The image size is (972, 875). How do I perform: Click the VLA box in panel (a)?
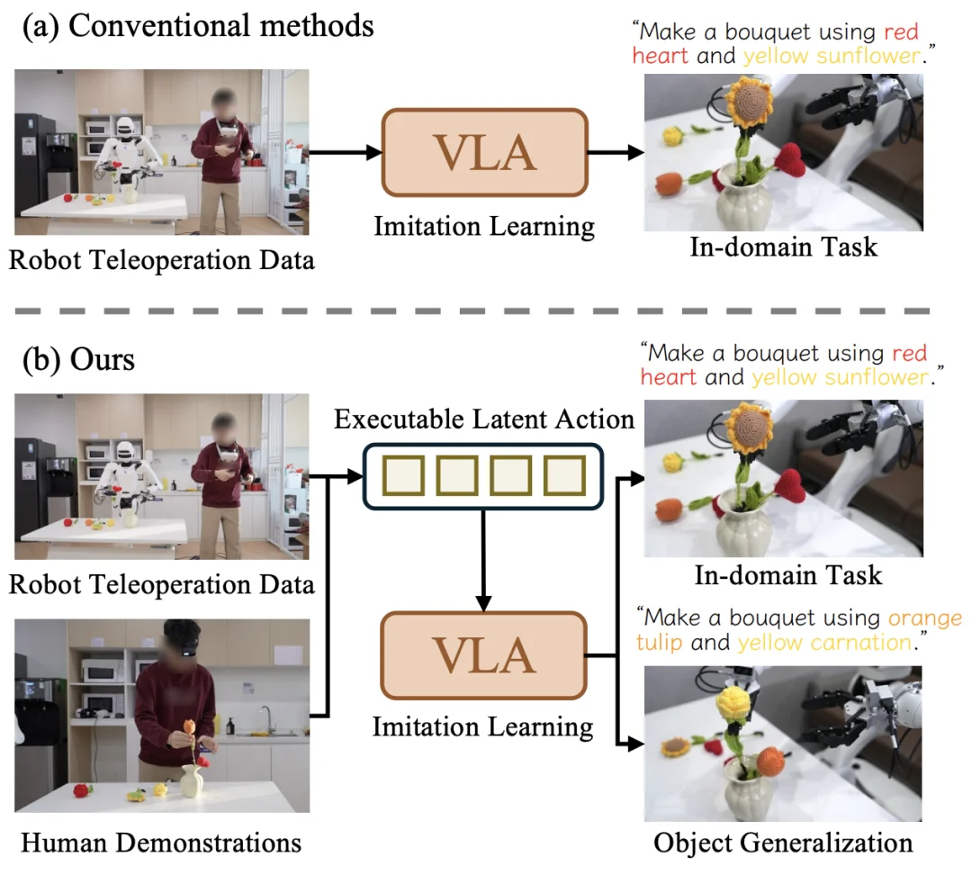click(484, 152)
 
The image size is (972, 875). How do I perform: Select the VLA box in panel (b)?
click(484, 656)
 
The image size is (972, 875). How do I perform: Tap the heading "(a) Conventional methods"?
click(198, 25)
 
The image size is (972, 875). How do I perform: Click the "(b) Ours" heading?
click(79, 359)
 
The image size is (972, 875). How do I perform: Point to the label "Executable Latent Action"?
click(484, 419)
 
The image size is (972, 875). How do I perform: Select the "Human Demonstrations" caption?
click(160, 843)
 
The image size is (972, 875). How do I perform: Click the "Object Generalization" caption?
click(783, 843)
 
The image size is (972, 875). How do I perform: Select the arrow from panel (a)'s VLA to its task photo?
click(616, 152)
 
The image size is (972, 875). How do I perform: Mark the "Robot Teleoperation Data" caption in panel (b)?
click(162, 584)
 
